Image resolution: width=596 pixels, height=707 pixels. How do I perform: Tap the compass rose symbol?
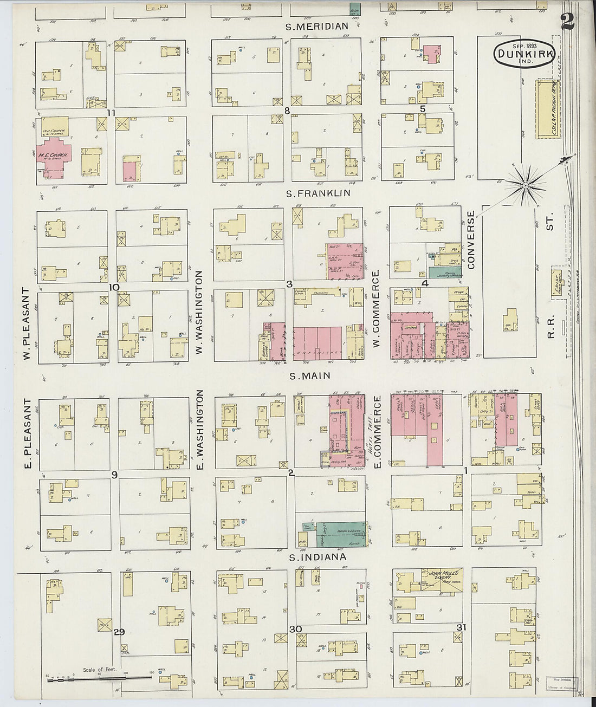[x=524, y=186]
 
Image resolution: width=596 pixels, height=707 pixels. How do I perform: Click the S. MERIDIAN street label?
[x=317, y=26]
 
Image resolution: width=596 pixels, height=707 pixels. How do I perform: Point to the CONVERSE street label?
[x=471, y=240]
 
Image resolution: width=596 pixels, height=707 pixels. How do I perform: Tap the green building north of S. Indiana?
[x=340, y=534]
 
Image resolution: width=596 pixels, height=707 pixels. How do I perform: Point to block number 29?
[x=120, y=632]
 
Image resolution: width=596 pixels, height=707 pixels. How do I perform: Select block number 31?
[x=461, y=627]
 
